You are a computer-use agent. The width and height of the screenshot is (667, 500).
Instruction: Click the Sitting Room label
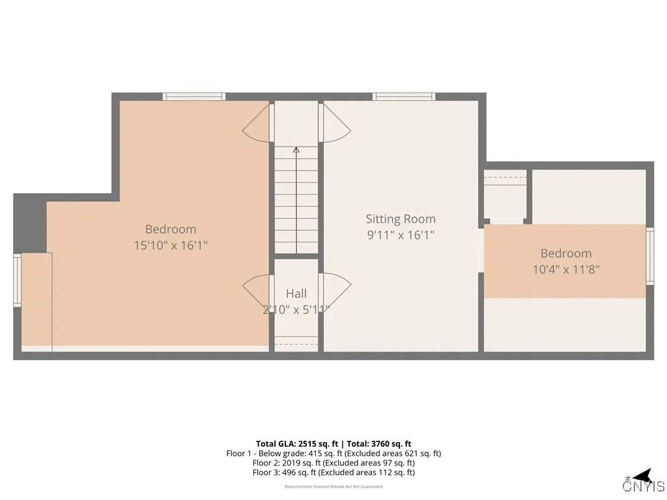click(400, 219)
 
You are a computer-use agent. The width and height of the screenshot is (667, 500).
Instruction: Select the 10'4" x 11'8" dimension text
click(565, 269)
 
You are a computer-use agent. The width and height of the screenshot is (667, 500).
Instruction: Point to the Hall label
click(296, 294)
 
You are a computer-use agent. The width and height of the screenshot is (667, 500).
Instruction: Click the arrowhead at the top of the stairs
click(296, 150)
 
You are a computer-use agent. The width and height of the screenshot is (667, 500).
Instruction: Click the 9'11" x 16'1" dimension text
click(400, 234)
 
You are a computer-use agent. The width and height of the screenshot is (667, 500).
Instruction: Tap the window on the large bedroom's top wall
click(194, 96)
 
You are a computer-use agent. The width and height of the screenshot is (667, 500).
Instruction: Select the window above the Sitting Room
click(404, 96)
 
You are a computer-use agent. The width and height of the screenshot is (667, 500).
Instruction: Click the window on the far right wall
click(649, 256)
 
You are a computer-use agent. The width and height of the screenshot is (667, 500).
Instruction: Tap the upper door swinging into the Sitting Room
click(336, 124)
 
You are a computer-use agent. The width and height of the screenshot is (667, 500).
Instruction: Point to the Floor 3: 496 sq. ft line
click(333, 473)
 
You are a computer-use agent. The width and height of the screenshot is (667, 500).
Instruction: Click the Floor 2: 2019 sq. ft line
click(333, 463)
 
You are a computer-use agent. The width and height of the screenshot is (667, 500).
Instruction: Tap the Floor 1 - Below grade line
click(333, 453)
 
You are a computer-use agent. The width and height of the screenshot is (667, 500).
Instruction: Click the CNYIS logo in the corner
click(644, 482)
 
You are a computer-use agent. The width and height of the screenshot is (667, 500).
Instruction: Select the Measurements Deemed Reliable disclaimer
click(333, 486)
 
